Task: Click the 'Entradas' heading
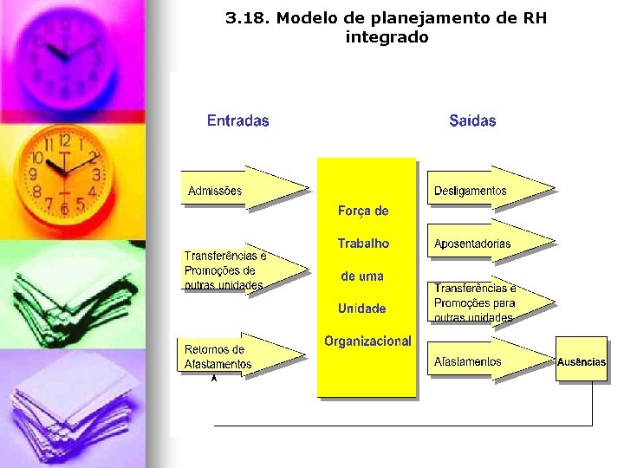coord(237,121)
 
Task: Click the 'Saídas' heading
coord(472,121)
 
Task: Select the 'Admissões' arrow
coord(243,188)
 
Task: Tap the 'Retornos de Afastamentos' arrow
coord(240,355)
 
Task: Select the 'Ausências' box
coord(581,361)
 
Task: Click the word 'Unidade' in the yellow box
coord(362,309)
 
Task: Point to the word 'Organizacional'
coord(367,341)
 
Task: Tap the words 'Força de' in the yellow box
coord(363,211)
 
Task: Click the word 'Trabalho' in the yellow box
coord(363,244)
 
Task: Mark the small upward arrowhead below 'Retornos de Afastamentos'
coord(214,378)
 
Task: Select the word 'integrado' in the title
coord(387,37)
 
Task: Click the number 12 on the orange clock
coord(64,140)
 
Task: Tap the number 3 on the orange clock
coord(96,174)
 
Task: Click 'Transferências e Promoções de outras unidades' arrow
coord(243,270)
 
